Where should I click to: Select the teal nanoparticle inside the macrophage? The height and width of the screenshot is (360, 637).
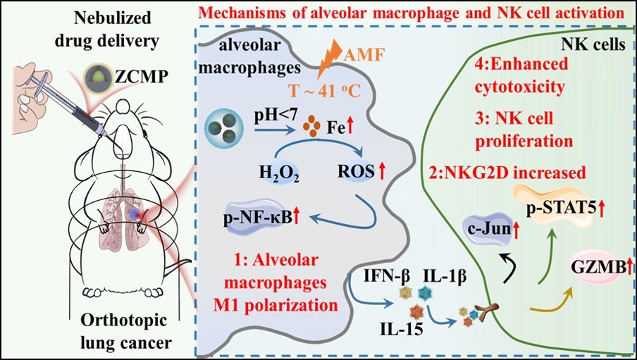click(219, 128)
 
